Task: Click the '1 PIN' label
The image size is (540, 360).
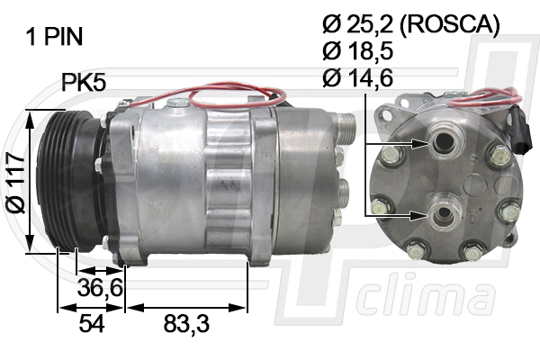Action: point(54,37)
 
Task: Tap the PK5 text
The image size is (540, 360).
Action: point(84,84)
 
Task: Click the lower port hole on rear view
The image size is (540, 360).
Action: point(442,214)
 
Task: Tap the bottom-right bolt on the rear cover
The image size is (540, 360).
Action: point(472,253)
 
